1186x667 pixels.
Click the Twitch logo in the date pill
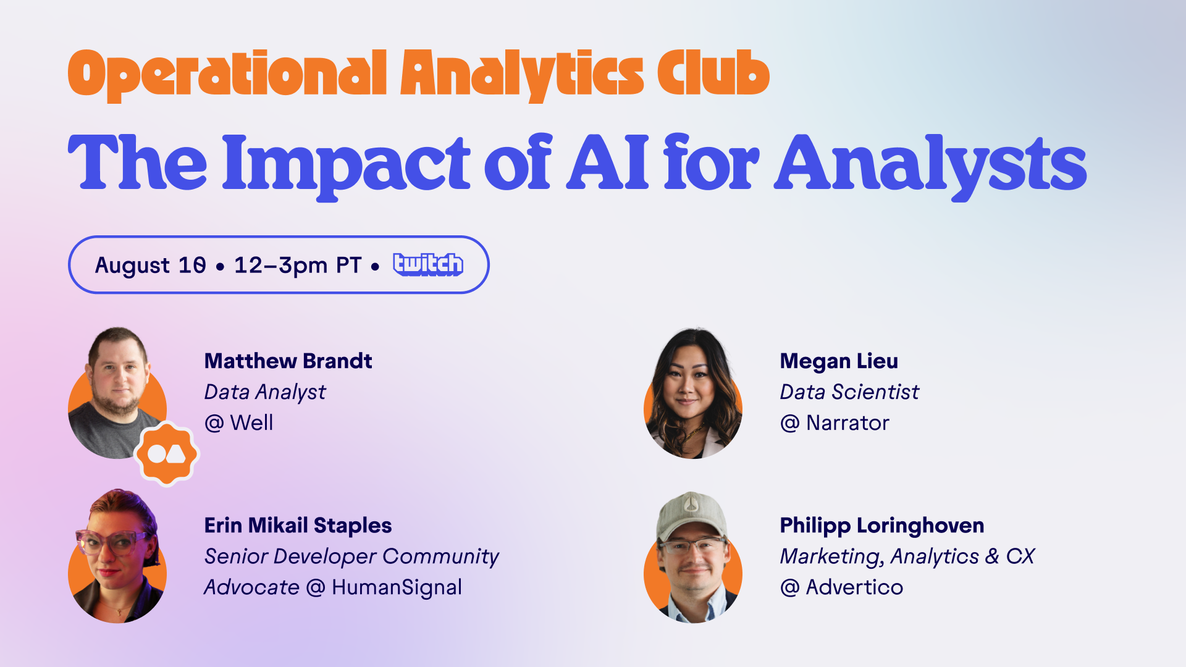[x=428, y=264]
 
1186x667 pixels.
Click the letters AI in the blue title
[x=608, y=162]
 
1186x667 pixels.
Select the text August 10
[x=150, y=266]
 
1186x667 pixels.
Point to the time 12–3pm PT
[x=297, y=266]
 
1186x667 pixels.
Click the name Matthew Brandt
[x=288, y=361]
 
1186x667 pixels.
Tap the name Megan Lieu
[x=838, y=361]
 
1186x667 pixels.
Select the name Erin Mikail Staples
[x=298, y=525]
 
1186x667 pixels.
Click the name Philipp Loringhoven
[x=881, y=525]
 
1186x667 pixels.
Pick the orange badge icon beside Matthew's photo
[x=167, y=454]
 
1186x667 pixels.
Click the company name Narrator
[x=847, y=423]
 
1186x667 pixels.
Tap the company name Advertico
[x=854, y=587]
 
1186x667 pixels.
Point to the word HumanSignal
[x=397, y=587]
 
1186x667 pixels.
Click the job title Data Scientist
[x=849, y=392]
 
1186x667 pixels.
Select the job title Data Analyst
[x=264, y=392]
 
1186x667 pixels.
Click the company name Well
[x=251, y=423]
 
